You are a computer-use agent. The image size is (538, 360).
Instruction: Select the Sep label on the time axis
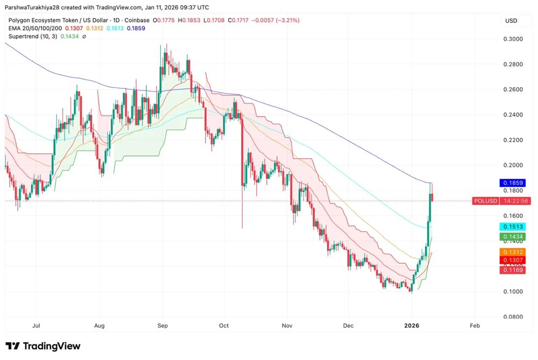[x=162, y=326]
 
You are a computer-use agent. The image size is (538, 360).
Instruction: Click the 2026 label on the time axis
[x=412, y=326]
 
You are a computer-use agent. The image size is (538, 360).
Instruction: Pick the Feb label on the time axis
[x=475, y=326]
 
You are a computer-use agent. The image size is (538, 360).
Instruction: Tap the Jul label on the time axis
[x=36, y=326]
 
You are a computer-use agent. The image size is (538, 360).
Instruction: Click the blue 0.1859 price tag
[x=513, y=183]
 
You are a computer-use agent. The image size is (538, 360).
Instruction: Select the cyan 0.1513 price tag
[x=513, y=227]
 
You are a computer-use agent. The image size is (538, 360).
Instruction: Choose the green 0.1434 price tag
[x=513, y=237]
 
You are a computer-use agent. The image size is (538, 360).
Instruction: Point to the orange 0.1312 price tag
[x=513, y=252]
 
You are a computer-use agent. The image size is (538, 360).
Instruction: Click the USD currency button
[x=511, y=20]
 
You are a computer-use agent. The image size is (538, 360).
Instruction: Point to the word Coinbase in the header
[x=137, y=20]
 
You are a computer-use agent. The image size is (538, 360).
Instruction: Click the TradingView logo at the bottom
[x=43, y=346]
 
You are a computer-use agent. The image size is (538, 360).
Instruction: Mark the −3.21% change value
[x=287, y=20]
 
